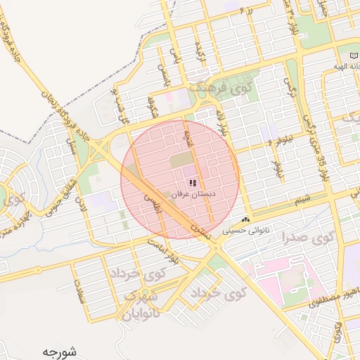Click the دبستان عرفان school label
pos(198,193)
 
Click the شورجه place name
pos(58,351)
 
